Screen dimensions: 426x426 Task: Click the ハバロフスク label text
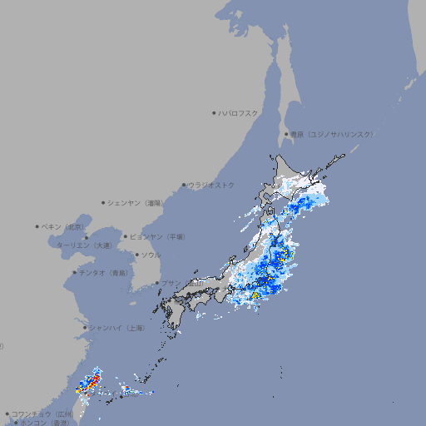[238, 112]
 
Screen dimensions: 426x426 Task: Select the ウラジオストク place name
[211, 185]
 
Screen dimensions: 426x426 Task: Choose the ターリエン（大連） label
[84, 245]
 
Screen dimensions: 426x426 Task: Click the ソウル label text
[150, 255]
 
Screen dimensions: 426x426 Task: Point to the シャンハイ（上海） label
[117, 328]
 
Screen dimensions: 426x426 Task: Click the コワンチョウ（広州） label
[42, 414]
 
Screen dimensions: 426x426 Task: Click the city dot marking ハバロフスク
[214, 112]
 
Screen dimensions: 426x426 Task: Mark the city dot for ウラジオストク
[184, 185]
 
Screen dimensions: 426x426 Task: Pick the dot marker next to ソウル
[136, 255]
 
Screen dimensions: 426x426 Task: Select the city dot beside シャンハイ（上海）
[85, 328]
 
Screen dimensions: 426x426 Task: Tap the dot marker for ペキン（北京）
[37, 226]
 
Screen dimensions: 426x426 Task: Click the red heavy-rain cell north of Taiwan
[93, 380]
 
